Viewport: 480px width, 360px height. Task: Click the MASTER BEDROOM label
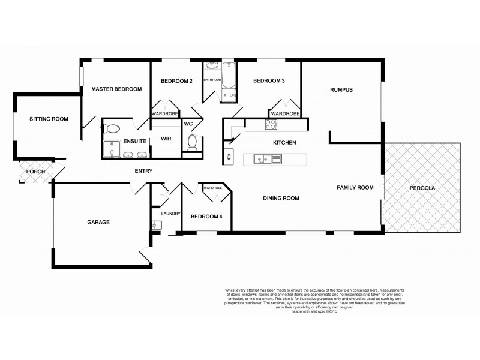[x=116, y=89]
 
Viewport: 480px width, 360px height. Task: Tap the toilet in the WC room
[x=192, y=142]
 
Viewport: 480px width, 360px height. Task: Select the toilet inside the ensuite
[x=112, y=128]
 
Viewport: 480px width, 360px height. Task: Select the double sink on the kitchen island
[x=262, y=159]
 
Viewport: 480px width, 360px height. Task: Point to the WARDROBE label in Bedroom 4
[x=212, y=188]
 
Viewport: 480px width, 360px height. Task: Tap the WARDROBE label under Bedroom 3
[x=285, y=113]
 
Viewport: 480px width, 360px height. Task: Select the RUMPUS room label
[x=341, y=90]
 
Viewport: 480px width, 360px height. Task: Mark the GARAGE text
[x=98, y=222]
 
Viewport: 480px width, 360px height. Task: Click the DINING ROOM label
[x=281, y=198]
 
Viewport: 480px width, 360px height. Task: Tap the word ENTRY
[x=143, y=172]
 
